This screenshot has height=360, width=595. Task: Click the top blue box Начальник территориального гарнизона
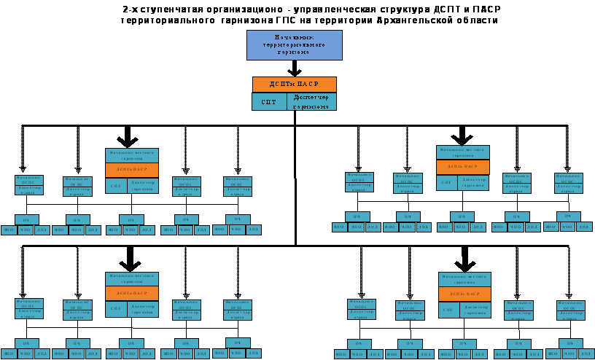294,44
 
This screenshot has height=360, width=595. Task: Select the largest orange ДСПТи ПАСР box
294,85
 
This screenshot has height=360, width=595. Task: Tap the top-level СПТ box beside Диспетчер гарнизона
269,101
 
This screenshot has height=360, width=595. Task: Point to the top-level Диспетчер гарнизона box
311,101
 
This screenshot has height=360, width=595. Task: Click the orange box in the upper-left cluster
132,170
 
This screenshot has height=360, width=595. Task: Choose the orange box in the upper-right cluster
463,167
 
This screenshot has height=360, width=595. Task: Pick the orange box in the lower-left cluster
132,293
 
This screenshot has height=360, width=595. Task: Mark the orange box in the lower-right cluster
464,294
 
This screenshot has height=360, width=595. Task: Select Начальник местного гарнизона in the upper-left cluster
132,155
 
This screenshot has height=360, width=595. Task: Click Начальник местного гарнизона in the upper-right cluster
463,152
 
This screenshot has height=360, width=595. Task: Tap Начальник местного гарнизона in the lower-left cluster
132,279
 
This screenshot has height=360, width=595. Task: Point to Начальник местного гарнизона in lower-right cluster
464,279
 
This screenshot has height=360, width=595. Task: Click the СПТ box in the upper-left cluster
116,186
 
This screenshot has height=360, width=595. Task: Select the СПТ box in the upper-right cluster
447,182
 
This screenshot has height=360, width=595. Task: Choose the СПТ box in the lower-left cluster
116,309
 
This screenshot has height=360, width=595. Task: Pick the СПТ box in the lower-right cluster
449,310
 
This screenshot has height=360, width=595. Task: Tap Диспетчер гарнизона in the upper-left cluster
143,186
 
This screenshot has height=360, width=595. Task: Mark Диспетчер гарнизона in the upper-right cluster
474,182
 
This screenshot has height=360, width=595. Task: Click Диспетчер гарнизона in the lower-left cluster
143,309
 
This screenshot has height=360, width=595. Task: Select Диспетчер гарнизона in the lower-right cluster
475,310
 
